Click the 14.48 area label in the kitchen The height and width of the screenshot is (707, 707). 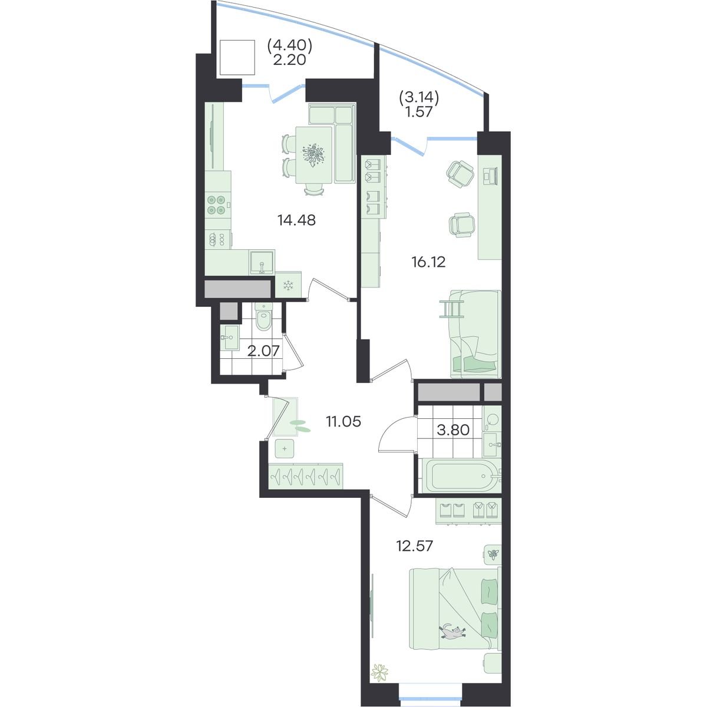[x=296, y=220]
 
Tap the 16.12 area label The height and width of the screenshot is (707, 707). [x=428, y=262]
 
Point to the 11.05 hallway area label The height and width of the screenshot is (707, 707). [x=343, y=422]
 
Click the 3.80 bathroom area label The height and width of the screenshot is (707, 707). [x=453, y=430]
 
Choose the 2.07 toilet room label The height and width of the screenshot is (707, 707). [x=263, y=351]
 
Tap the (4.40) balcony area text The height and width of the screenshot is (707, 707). [x=290, y=45]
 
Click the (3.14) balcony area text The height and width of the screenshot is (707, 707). [x=419, y=98]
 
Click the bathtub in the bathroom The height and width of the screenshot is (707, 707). [x=461, y=476]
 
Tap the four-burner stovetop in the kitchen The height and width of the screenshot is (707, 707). [x=216, y=204]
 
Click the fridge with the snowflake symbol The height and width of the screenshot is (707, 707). [x=288, y=285]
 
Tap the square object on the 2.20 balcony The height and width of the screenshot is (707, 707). [x=237, y=58]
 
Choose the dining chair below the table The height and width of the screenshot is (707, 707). [x=315, y=190]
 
